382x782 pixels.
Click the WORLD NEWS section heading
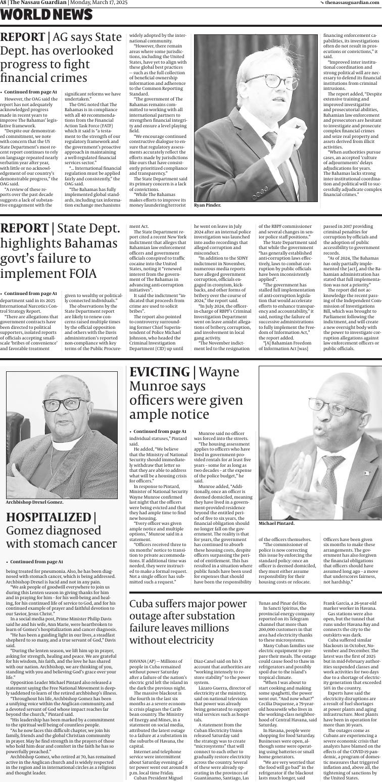[46, 16]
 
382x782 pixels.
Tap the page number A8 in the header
[4, 3]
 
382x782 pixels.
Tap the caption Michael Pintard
[276, 523]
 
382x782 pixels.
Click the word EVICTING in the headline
[159, 372]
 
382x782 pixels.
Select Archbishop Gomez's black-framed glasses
[66, 404]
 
